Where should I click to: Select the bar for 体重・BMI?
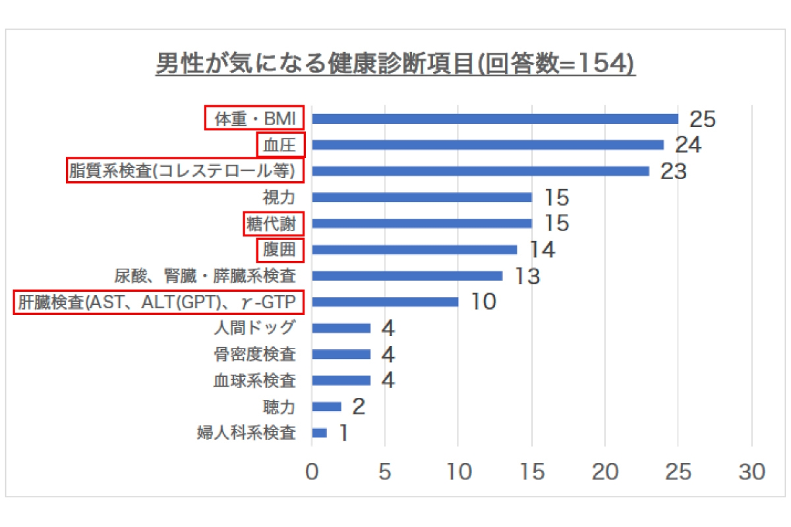point(495,119)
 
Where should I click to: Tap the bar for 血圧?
point(488,145)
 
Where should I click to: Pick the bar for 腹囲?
point(415,250)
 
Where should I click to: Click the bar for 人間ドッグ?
point(341,328)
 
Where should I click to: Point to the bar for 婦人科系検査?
point(320,433)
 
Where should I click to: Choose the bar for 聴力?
point(327,406)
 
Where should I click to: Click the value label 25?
point(703,119)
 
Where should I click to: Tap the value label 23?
point(674,171)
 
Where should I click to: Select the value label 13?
point(527,276)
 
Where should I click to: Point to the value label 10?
point(483,302)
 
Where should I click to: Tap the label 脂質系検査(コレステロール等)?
point(186,171)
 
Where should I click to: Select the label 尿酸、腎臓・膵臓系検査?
point(205,276)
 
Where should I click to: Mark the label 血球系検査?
point(254,381)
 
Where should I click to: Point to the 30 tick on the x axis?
point(752,472)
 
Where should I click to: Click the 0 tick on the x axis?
point(312,472)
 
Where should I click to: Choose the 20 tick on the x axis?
point(605,472)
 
